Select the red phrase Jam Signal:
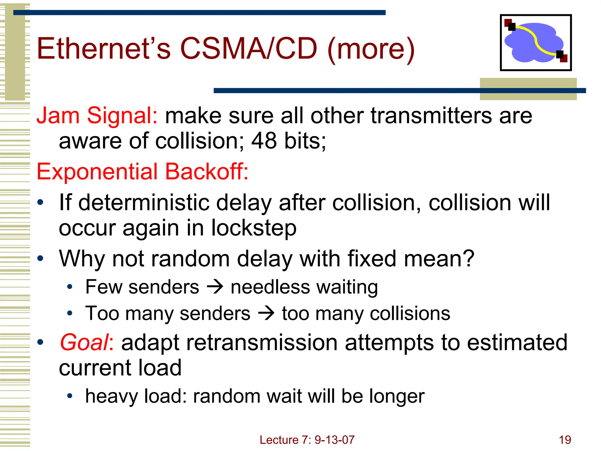coord(97,115)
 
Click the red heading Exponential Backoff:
coord(142,171)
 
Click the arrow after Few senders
coord(215,287)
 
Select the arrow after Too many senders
coord(266,313)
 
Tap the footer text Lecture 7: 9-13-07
coord(307,440)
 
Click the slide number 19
coord(565,440)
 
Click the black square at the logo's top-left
coord(512,27)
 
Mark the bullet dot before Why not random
coord(40,259)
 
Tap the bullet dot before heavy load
coord(70,396)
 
